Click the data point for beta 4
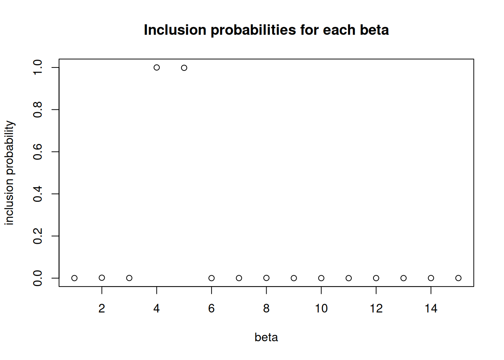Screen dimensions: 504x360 coord(157,67)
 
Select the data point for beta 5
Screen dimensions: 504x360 coord(184,68)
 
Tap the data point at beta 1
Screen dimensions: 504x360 coord(75,278)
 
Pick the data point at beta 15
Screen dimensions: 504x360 coord(458,278)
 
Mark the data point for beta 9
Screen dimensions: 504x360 coord(294,278)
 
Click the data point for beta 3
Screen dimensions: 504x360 coord(129,278)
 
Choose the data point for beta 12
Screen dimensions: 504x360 coord(376,278)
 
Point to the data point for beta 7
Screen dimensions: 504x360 coord(239,278)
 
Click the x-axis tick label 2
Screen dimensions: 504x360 coord(102,309)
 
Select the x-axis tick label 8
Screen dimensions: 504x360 coord(266,309)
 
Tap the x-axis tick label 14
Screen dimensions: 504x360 coord(431,309)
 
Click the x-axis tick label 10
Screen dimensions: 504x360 coord(321,309)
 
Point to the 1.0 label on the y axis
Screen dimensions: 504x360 coord(37,67)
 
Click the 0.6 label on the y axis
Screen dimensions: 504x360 coord(37,151)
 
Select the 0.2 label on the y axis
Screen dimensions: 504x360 coord(37,236)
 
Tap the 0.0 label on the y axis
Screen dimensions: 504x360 coord(37,278)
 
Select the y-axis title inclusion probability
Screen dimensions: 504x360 coord(9,172)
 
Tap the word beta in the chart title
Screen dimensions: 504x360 coord(374,30)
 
